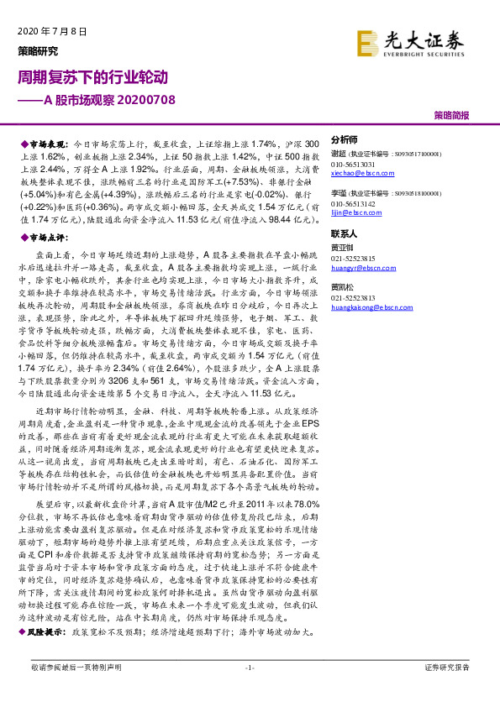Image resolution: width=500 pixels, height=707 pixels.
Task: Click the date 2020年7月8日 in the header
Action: click(x=52, y=31)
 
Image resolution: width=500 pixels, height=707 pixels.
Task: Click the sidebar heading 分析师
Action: click(x=345, y=139)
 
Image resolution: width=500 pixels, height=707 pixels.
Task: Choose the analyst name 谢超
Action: click(x=339, y=154)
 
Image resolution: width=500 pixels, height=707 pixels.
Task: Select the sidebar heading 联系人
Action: click(x=345, y=233)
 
